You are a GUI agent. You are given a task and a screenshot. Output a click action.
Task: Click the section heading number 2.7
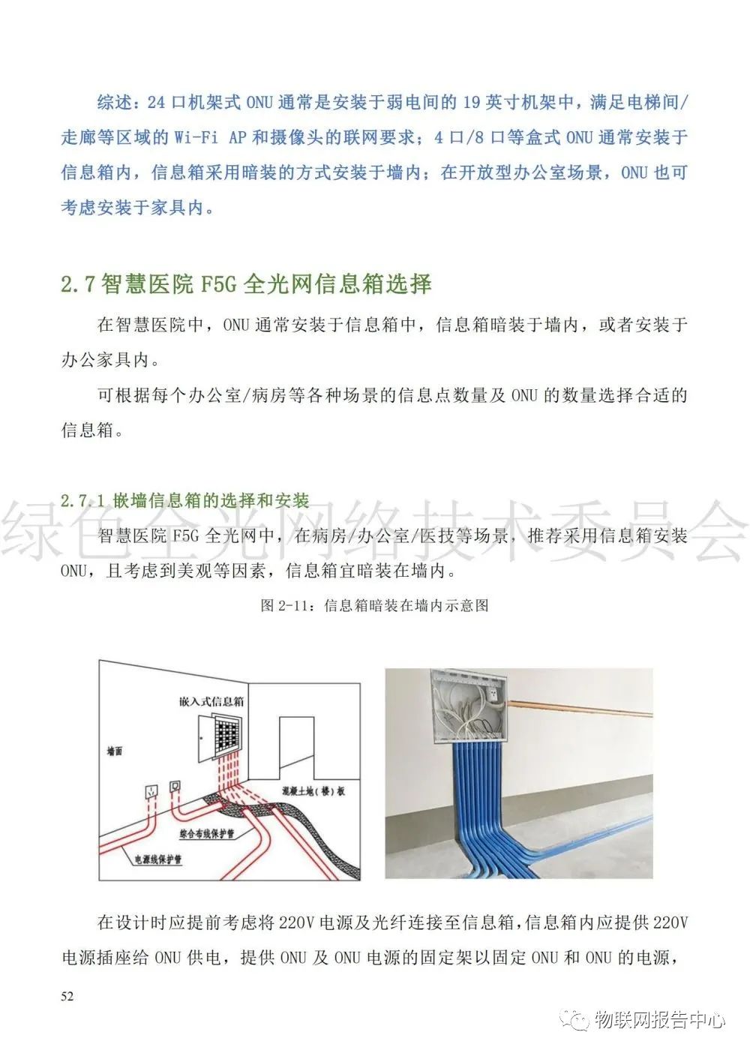(x=78, y=285)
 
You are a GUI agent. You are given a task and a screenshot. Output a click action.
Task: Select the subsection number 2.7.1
(x=82, y=501)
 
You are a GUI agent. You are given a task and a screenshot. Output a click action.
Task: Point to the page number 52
(x=67, y=997)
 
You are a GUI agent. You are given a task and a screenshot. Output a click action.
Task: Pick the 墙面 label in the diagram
(x=115, y=751)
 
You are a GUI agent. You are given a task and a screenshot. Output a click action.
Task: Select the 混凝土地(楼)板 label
(x=313, y=791)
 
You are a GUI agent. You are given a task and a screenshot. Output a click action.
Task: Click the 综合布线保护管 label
(x=207, y=833)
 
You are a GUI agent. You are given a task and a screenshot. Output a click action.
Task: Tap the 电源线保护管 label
(x=157, y=859)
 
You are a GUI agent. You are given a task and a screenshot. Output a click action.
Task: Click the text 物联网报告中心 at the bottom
(x=660, y=1021)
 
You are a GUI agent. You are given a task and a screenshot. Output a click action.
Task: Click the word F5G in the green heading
(x=217, y=285)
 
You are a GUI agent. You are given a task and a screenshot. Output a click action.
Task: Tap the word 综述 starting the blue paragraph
(x=115, y=103)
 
